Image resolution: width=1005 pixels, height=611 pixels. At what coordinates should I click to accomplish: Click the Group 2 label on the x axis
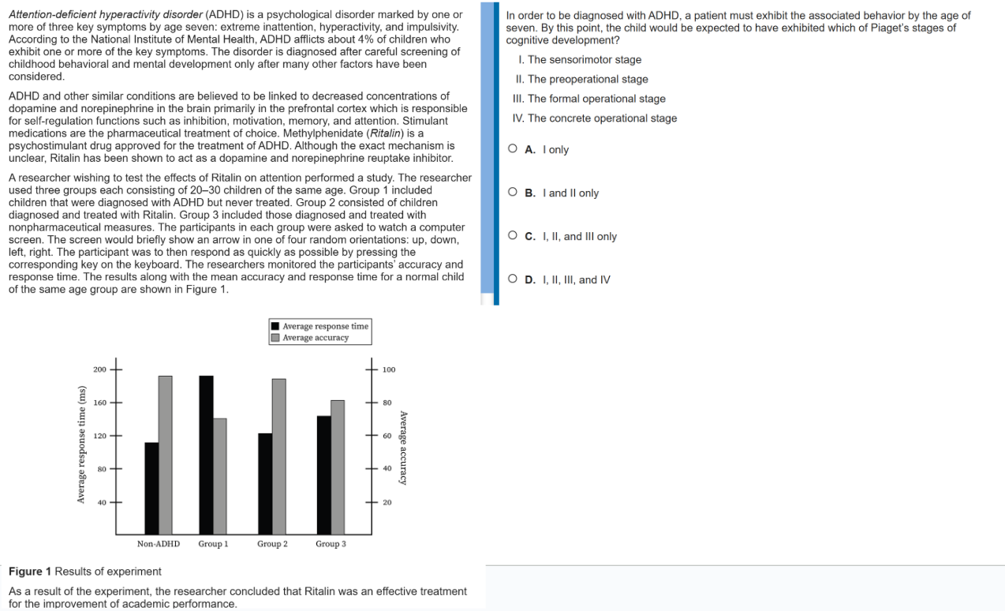click(x=272, y=544)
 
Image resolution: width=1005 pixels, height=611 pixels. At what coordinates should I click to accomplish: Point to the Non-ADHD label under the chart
click(x=158, y=544)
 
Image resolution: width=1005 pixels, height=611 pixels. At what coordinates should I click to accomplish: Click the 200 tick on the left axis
click(x=99, y=369)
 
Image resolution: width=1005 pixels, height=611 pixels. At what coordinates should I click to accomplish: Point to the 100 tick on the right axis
click(x=389, y=369)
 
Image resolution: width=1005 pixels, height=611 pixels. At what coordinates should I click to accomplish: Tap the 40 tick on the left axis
click(x=102, y=502)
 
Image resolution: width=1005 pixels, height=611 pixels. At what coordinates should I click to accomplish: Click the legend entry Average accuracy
click(x=315, y=338)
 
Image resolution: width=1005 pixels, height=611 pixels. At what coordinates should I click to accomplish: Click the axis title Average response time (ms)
click(x=80, y=444)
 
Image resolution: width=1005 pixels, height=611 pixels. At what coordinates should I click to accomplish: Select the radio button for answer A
click(x=513, y=149)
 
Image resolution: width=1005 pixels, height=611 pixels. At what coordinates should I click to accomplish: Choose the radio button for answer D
click(x=513, y=279)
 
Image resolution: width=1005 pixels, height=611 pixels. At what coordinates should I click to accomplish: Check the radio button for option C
click(x=513, y=236)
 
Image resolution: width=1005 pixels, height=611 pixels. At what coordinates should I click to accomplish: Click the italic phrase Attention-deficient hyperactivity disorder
click(x=106, y=15)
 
